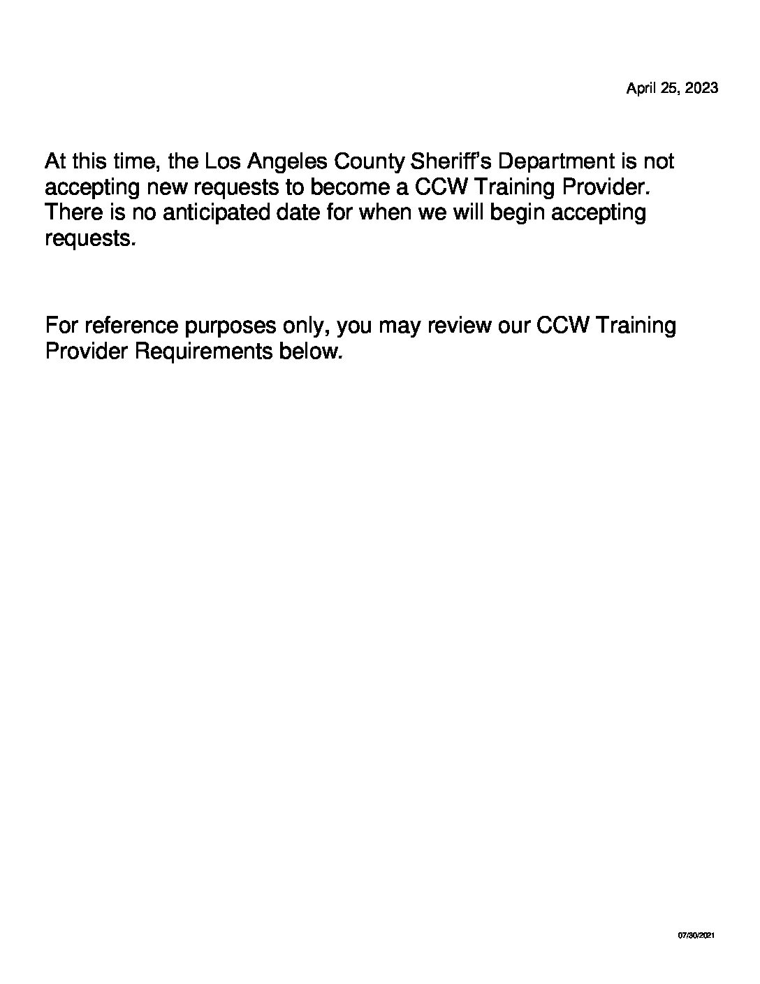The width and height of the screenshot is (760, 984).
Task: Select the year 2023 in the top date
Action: click(x=701, y=89)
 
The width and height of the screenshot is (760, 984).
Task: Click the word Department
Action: click(x=555, y=162)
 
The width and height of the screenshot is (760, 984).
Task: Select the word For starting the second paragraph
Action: click(x=60, y=326)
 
